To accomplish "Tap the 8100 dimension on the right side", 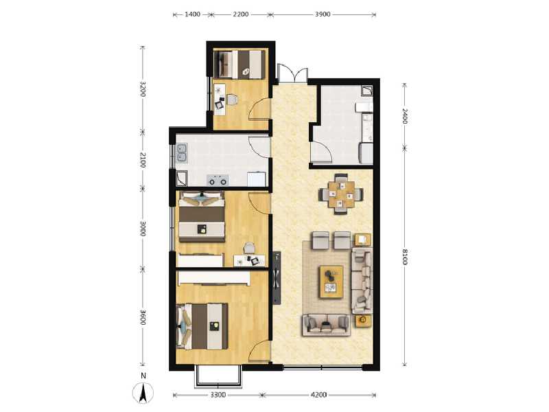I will pyautogui.click(x=405, y=257).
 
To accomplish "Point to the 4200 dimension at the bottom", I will pyautogui.click(x=318, y=395).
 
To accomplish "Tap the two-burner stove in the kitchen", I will pyautogui.click(x=219, y=181).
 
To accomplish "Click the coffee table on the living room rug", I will pyautogui.click(x=333, y=281).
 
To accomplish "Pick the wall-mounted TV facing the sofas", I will pyautogui.click(x=276, y=278).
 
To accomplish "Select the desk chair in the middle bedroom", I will pyautogui.click(x=250, y=248).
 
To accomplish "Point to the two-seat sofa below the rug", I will pyautogui.click(x=327, y=324).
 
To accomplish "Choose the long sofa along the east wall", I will pyautogui.click(x=361, y=280).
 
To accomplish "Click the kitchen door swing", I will pyautogui.click(x=259, y=147).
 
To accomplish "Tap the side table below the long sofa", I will pyautogui.click(x=361, y=321).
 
